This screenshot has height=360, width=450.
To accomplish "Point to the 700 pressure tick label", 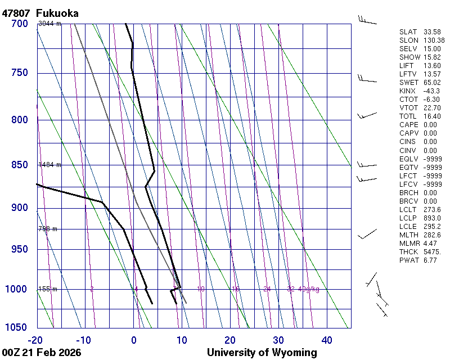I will click(x=19, y=24).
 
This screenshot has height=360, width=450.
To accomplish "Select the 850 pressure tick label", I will click(x=19, y=165).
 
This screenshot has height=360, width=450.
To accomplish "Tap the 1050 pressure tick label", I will click(x=16, y=327).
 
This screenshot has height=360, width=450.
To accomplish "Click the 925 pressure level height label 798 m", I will click(x=48, y=229).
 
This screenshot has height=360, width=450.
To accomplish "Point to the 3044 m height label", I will click(x=49, y=24).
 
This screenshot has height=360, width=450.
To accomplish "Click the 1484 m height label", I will click(x=49, y=165).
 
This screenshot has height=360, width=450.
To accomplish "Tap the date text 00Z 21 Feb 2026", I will click(x=42, y=353).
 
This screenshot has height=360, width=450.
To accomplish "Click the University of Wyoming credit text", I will click(x=262, y=353).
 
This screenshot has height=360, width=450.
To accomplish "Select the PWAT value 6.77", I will click(x=430, y=260).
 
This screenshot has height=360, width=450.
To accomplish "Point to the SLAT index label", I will click(x=408, y=31).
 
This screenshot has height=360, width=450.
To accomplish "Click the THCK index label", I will click(x=408, y=251).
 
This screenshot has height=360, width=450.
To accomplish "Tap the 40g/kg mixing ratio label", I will click(x=309, y=289).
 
